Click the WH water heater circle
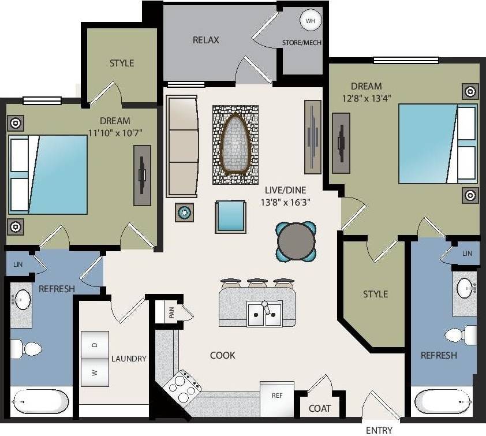311,21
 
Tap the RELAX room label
205,40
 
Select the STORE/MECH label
302,43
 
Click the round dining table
296,240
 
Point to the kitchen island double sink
264,314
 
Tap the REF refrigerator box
277,396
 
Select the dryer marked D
95,345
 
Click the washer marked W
95,372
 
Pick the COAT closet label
320,408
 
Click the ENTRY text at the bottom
379,430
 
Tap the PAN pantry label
171,312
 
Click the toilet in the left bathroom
26,349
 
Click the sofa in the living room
182,146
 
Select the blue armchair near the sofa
230,217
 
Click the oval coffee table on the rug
235,144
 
